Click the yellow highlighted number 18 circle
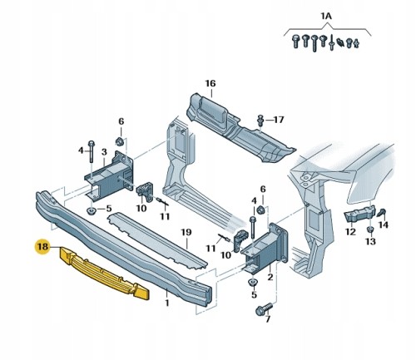click(x=42, y=246)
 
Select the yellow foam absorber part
click(x=105, y=274)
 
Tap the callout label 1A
click(x=326, y=17)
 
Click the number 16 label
click(x=210, y=83)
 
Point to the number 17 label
click(x=279, y=120)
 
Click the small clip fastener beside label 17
click(x=260, y=120)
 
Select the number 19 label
click(x=186, y=232)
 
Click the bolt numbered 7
click(x=264, y=309)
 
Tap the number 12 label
click(x=350, y=232)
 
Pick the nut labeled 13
click(x=369, y=229)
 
